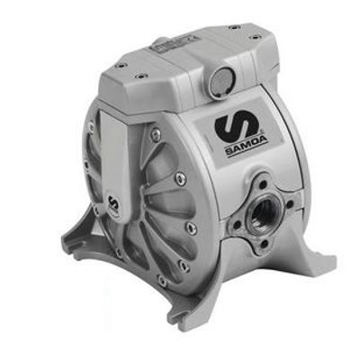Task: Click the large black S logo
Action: [x=237, y=127]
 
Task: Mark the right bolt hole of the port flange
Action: [x=289, y=204]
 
